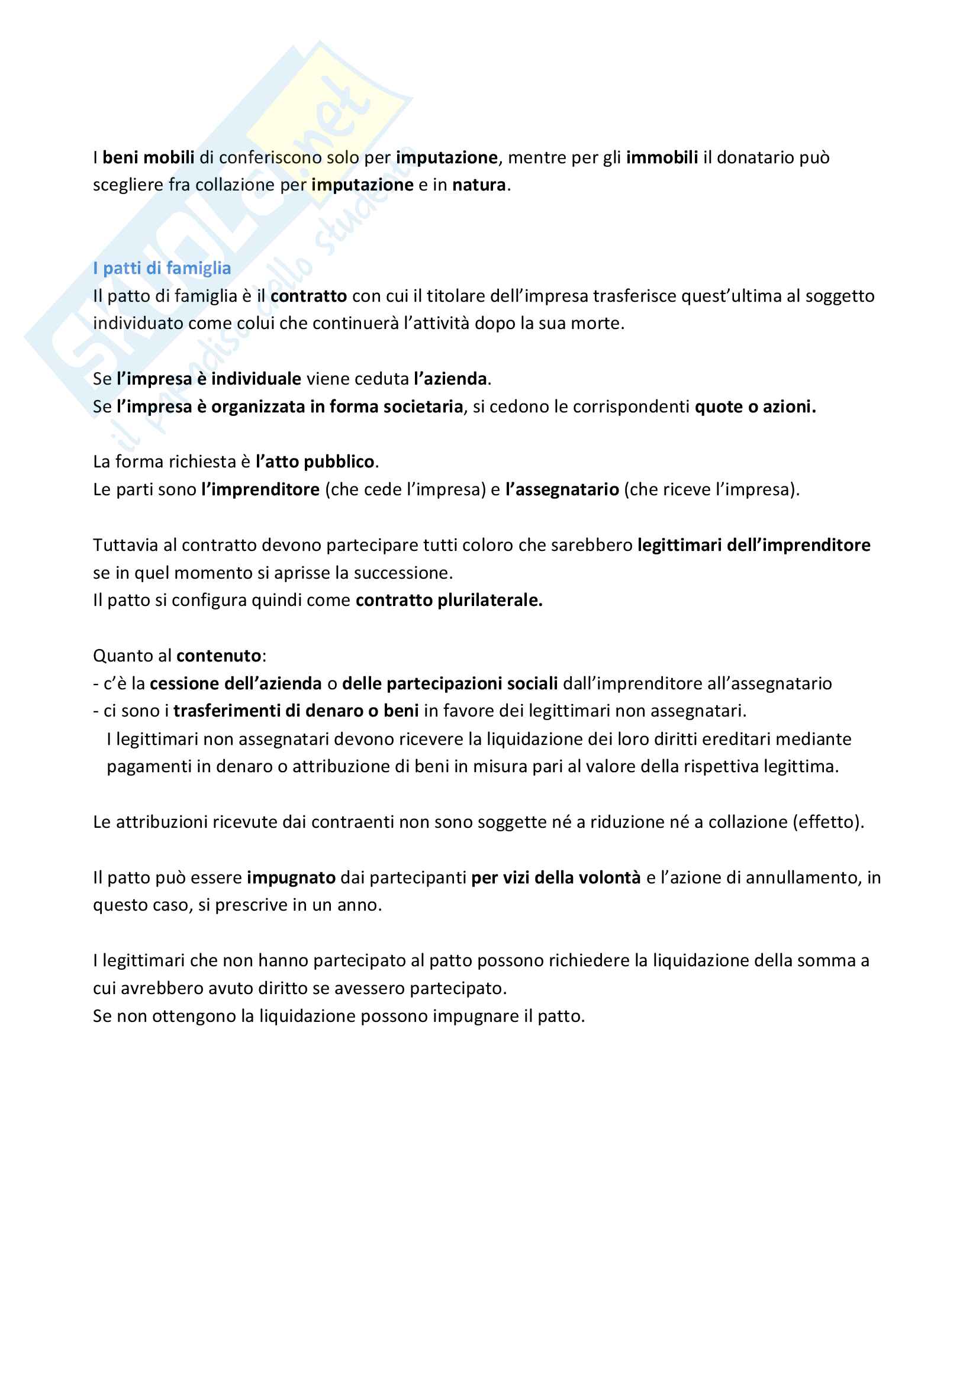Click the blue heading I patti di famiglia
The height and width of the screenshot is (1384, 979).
162,268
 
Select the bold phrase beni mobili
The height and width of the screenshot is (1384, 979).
149,158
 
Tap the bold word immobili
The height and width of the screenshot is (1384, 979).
662,158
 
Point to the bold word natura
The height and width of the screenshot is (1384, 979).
479,185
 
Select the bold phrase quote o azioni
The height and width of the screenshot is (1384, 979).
755,407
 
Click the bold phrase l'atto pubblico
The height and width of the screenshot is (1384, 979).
315,462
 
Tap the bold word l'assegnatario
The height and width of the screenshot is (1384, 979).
562,489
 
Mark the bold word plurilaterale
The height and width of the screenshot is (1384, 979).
489,601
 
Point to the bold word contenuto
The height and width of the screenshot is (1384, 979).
219,656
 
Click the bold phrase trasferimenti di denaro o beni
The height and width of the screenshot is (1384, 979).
296,711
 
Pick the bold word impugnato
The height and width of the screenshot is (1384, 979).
291,877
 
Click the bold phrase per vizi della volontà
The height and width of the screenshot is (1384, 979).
556,877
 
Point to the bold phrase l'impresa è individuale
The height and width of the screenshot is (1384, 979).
208,379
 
